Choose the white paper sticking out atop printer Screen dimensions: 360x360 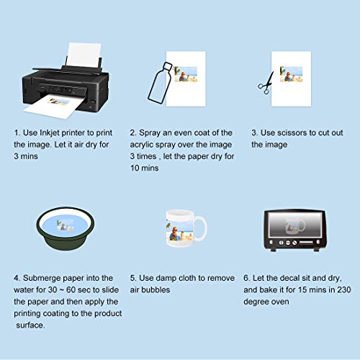pos(79,52)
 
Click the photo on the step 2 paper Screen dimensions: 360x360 pos(186,74)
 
